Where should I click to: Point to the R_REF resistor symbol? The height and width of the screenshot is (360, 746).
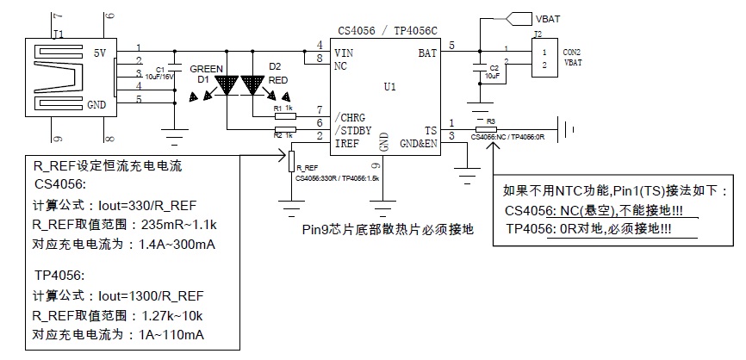point(292,164)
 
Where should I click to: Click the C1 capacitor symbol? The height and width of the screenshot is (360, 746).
point(174,68)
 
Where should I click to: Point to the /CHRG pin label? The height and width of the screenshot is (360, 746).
point(351,116)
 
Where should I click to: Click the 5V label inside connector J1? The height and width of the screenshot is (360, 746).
point(99,53)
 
